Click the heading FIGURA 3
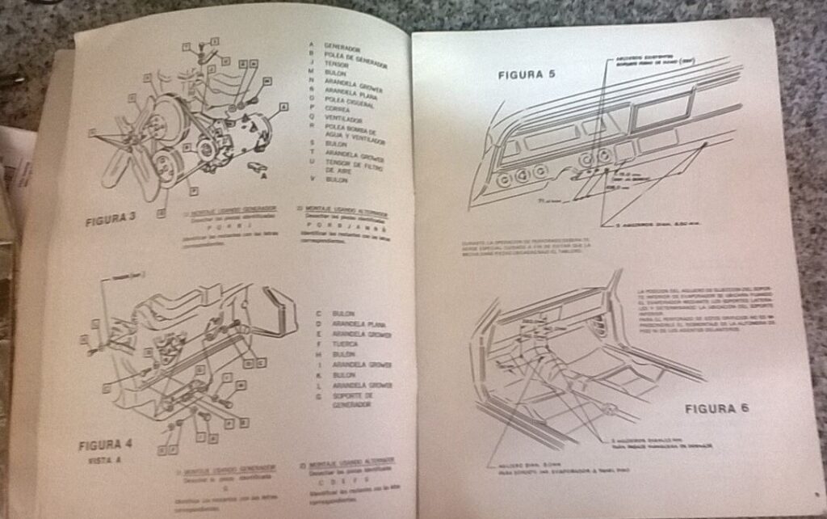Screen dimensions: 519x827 pos(111,219)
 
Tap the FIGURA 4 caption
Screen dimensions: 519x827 pos(105,445)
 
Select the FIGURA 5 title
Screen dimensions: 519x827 pos(526,75)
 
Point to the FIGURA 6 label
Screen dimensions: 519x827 pos(716,408)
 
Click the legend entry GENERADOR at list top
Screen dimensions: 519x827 pos(342,47)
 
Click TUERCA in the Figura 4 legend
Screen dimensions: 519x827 pos(346,344)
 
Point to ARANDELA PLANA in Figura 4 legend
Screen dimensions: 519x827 pos(359,324)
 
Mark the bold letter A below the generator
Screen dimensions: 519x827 pos(264,175)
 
